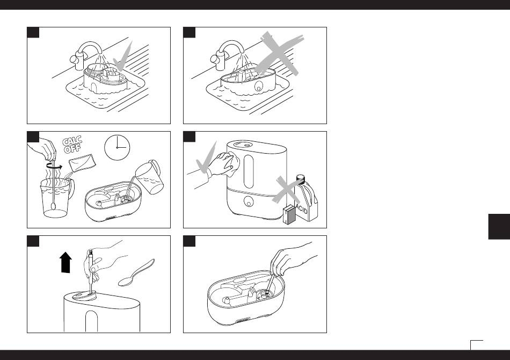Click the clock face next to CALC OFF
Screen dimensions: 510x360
pos(117,147)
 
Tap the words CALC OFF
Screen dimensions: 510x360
pos(72,145)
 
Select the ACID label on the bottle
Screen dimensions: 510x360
pos(302,208)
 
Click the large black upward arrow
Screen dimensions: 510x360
pos(65,262)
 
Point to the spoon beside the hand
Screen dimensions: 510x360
pos(136,272)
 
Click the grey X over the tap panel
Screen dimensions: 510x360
pos(279,54)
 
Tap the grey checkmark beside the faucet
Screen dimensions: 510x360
pos(123,56)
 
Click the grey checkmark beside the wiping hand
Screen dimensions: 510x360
pos(206,158)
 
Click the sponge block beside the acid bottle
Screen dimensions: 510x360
pos(289,214)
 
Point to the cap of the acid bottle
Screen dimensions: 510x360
pos(301,178)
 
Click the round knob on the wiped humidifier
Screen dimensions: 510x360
pos(248,201)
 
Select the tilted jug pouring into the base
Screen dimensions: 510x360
pos(149,176)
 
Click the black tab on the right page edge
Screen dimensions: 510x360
pos(499,227)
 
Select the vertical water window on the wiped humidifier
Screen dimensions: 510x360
pos(249,171)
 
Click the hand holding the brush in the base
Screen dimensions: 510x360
pos(289,259)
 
